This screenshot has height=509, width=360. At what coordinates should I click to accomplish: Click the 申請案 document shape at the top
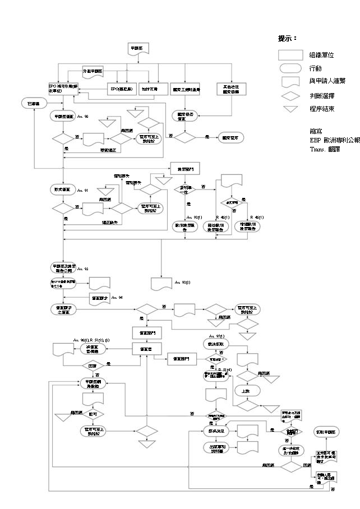pyautogui.click(x=137, y=49)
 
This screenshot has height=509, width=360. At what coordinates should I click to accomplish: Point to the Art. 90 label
pyautogui.click(x=82, y=117)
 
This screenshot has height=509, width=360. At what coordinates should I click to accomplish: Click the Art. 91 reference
pyautogui.click(x=82, y=191)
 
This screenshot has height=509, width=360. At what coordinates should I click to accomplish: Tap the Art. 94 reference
pyautogui.click(x=117, y=297)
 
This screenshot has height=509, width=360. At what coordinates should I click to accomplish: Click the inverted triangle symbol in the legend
pyautogui.click(x=290, y=109)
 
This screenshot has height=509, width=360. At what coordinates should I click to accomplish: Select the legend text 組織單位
pyautogui.click(x=321, y=55)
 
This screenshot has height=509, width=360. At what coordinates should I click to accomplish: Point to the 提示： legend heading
pyautogui.click(x=287, y=39)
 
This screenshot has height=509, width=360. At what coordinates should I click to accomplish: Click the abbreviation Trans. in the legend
pyautogui.click(x=317, y=150)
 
